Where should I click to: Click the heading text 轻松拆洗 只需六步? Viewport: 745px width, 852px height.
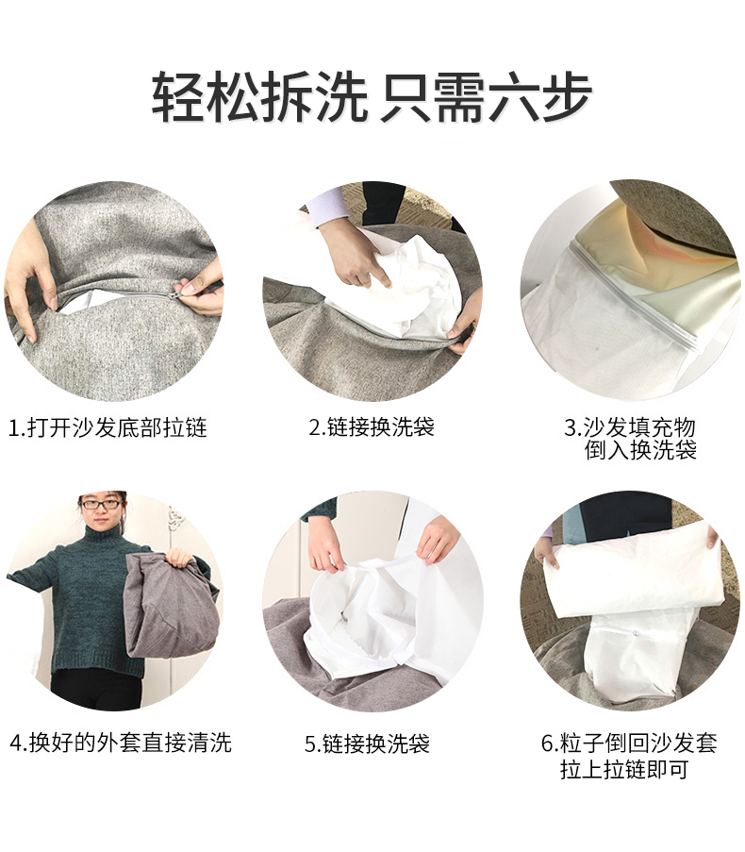(372, 96)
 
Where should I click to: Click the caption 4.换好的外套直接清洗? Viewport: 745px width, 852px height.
(120, 743)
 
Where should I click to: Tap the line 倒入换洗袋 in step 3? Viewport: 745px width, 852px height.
(640, 450)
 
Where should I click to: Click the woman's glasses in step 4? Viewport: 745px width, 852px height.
(103, 506)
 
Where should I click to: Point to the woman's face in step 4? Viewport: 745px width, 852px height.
(103, 510)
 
